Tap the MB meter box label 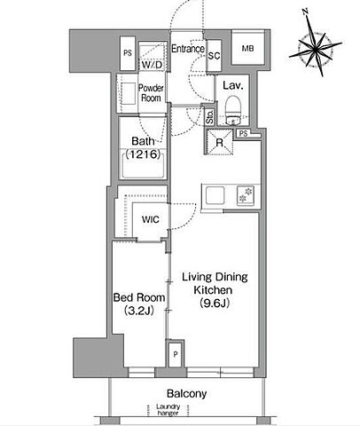pyautogui.click(x=247, y=48)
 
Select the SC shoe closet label pyautogui.click(x=214, y=55)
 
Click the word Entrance pyautogui.click(x=188, y=49)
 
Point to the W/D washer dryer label pyautogui.click(x=152, y=65)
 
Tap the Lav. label pyautogui.click(x=233, y=86)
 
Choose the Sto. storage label pyautogui.click(x=209, y=117)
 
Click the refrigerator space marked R pyautogui.click(x=219, y=142)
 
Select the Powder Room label pyautogui.click(x=151, y=93)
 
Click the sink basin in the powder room pyautogui.click(x=129, y=93)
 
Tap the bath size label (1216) pyautogui.click(x=143, y=154)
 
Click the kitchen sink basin pyautogui.click(x=215, y=195)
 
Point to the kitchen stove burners pyautogui.click(x=246, y=195)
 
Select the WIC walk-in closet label pyautogui.click(x=151, y=219)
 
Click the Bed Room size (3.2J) pyautogui.click(x=139, y=311)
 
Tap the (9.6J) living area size pyautogui.click(x=215, y=303)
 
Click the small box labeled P pyautogui.click(x=176, y=354)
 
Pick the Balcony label pyautogui.click(x=186, y=394)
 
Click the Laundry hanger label pyautogui.click(x=168, y=410)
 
